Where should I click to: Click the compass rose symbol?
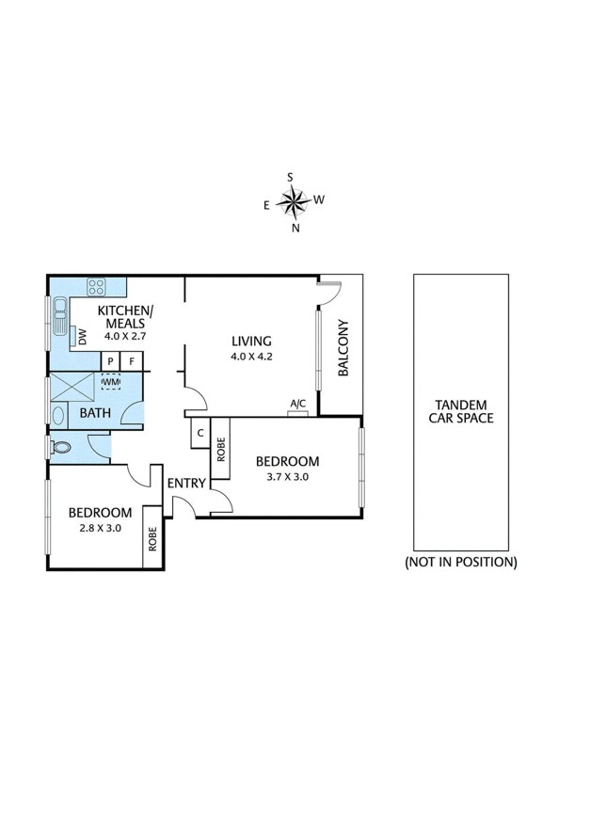tap(295, 199)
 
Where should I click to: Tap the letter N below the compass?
tap(295, 228)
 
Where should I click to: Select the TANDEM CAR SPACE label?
tap(461, 411)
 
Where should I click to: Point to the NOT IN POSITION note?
tap(461, 562)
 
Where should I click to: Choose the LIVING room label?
tap(251, 341)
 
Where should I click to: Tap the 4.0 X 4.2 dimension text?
tap(251, 357)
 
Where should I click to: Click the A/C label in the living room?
tap(297, 404)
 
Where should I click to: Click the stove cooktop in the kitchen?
tap(96, 287)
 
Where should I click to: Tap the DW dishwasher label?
tap(83, 336)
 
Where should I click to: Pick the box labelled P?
tap(111, 360)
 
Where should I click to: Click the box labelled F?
tap(133, 360)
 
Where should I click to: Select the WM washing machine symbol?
tap(111, 382)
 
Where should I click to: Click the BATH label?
tap(95, 412)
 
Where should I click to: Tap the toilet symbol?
tap(62, 449)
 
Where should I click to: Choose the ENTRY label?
tap(186, 483)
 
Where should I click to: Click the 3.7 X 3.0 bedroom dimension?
tap(287, 477)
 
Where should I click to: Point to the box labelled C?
tap(199, 435)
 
